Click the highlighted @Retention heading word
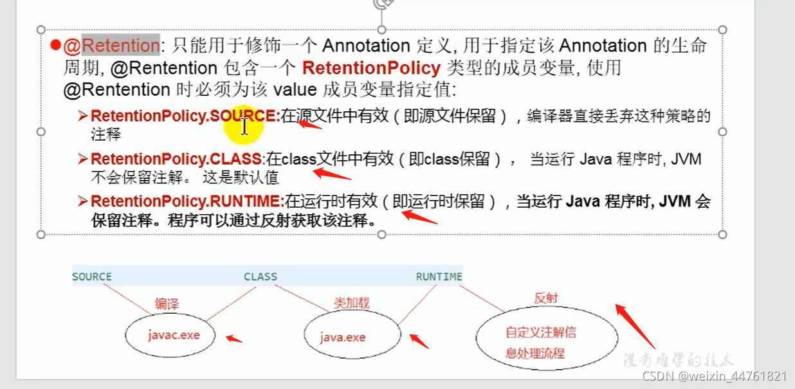(x=120, y=46)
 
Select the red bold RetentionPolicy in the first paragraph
(x=371, y=68)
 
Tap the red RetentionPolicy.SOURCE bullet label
(x=185, y=116)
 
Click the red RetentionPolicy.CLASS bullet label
(x=176, y=159)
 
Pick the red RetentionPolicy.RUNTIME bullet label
(x=187, y=201)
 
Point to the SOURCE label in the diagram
(x=92, y=276)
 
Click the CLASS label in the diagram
(x=260, y=276)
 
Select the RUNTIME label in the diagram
(x=439, y=276)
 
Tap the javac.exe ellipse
(x=171, y=335)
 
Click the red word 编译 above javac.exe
(x=167, y=303)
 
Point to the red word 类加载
(x=351, y=302)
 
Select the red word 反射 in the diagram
(x=545, y=298)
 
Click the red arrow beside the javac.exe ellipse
(x=233, y=338)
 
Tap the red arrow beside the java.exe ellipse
(x=419, y=341)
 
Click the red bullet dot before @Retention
(x=55, y=46)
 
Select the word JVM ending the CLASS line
(x=686, y=159)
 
